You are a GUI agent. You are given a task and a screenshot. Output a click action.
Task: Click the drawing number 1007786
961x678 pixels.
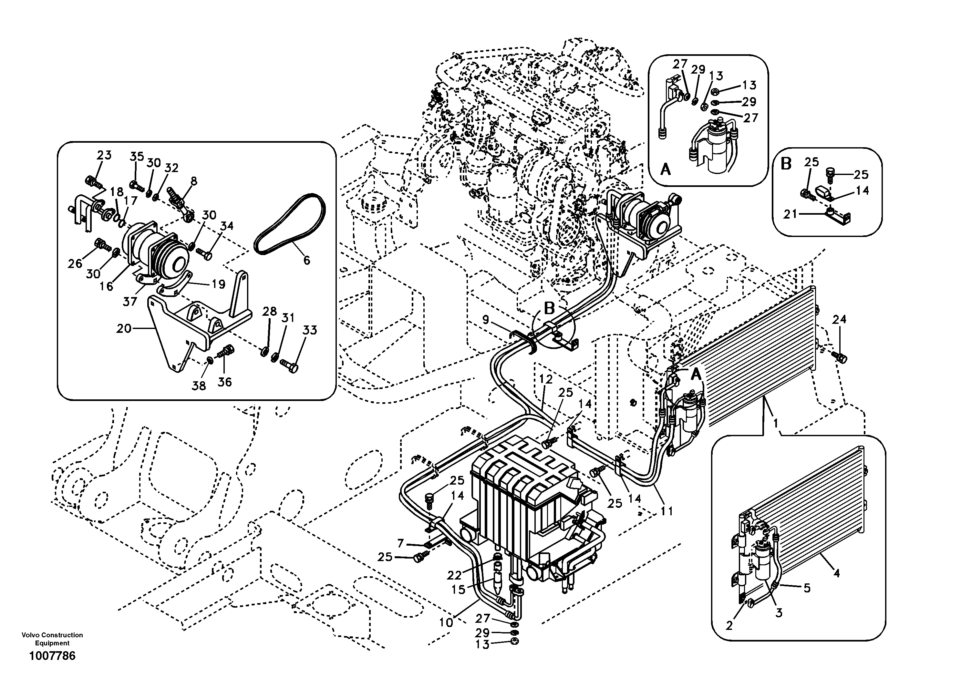pyautogui.click(x=52, y=655)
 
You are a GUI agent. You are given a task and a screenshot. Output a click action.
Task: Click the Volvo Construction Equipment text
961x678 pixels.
pyautogui.click(x=52, y=639)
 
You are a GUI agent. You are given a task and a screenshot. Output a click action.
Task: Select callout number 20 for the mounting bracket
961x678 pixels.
pyautogui.click(x=124, y=329)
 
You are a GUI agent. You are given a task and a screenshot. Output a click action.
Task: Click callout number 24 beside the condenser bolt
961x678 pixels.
pyautogui.click(x=839, y=319)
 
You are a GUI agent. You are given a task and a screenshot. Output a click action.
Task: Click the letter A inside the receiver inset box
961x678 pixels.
pyautogui.click(x=665, y=169)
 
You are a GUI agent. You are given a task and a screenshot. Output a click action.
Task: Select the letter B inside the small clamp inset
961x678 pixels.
pyautogui.click(x=786, y=164)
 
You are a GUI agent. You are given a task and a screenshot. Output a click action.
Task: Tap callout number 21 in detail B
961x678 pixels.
pyautogui.click(x=790, y=214)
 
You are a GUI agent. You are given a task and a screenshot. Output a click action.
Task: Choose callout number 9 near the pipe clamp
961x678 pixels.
pyautogui.click(x=486, y=320)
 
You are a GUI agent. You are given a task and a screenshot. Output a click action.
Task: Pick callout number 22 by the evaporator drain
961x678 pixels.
pyautogui.click(x=454, y=575)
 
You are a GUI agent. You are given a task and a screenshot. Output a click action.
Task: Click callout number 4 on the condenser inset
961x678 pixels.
pyautogui.click(x=836, y=573)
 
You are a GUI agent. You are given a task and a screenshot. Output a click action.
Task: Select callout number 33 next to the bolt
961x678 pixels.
pyautogui.click(x=310, y=330)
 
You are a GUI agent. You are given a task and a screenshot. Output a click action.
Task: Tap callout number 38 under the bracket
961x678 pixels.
pyautogui.click(x=199, y=386)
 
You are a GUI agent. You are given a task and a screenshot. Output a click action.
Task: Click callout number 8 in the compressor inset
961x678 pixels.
pyautogui.click(x=193, y=181)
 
